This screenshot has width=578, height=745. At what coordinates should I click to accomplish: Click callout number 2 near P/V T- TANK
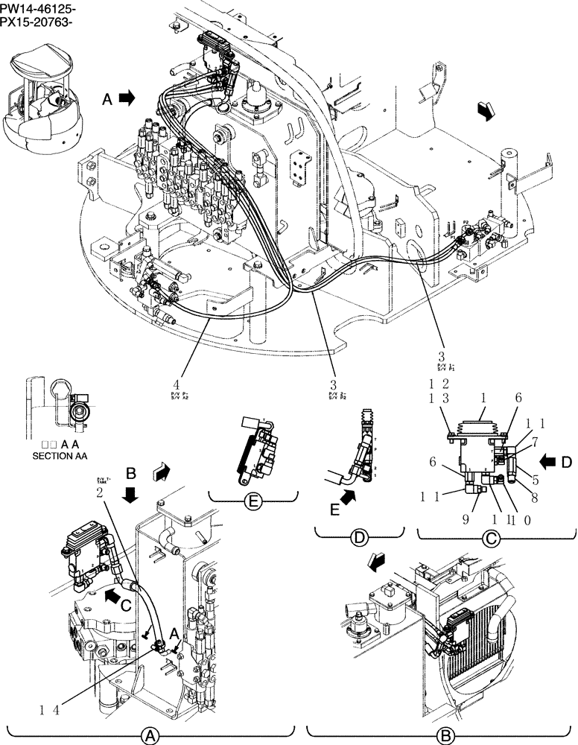pyautogui.click(x=99, y=492)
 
